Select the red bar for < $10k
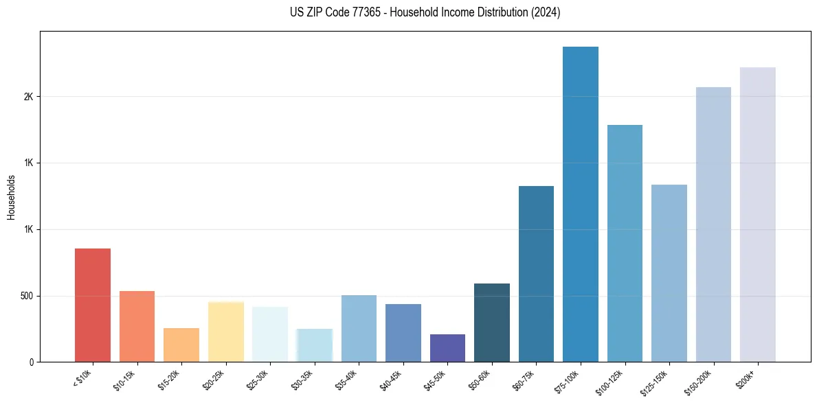coord(93,305)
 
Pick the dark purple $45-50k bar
coord(447,348)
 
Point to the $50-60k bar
coord(492,323)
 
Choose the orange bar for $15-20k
coord(181,345)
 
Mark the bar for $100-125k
coord(625,243)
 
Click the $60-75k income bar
coord(536,274)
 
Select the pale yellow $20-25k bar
coord(225,332)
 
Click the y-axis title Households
coord(12,197)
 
